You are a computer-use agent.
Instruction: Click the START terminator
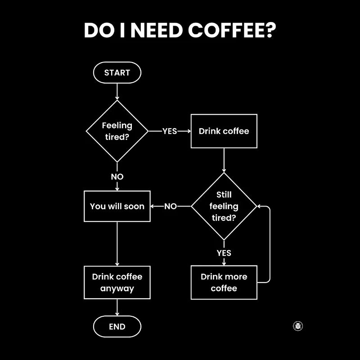pos(117,72)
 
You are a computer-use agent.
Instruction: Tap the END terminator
pos(117,327)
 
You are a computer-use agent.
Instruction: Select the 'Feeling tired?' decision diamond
pos(117,131)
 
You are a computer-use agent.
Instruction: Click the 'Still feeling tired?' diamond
pos(224,207)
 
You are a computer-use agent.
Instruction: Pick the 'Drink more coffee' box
pos(224,282)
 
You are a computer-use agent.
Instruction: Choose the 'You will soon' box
pos(117,207)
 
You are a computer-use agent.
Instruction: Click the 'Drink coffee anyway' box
pos(117,282)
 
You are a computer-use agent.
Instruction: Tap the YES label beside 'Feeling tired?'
pos(170,131)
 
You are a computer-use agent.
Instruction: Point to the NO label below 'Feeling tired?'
pos(117,177)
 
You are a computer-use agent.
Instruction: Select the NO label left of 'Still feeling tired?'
pos(171,207)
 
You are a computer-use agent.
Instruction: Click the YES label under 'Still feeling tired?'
pos(224,253)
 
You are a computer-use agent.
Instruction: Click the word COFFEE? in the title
pos(232,31)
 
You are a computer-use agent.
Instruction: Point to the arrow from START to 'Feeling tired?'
pos(117,92)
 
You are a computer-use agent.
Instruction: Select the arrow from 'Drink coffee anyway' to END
pos(117,308)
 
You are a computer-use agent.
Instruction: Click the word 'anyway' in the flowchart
pos(117,288)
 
